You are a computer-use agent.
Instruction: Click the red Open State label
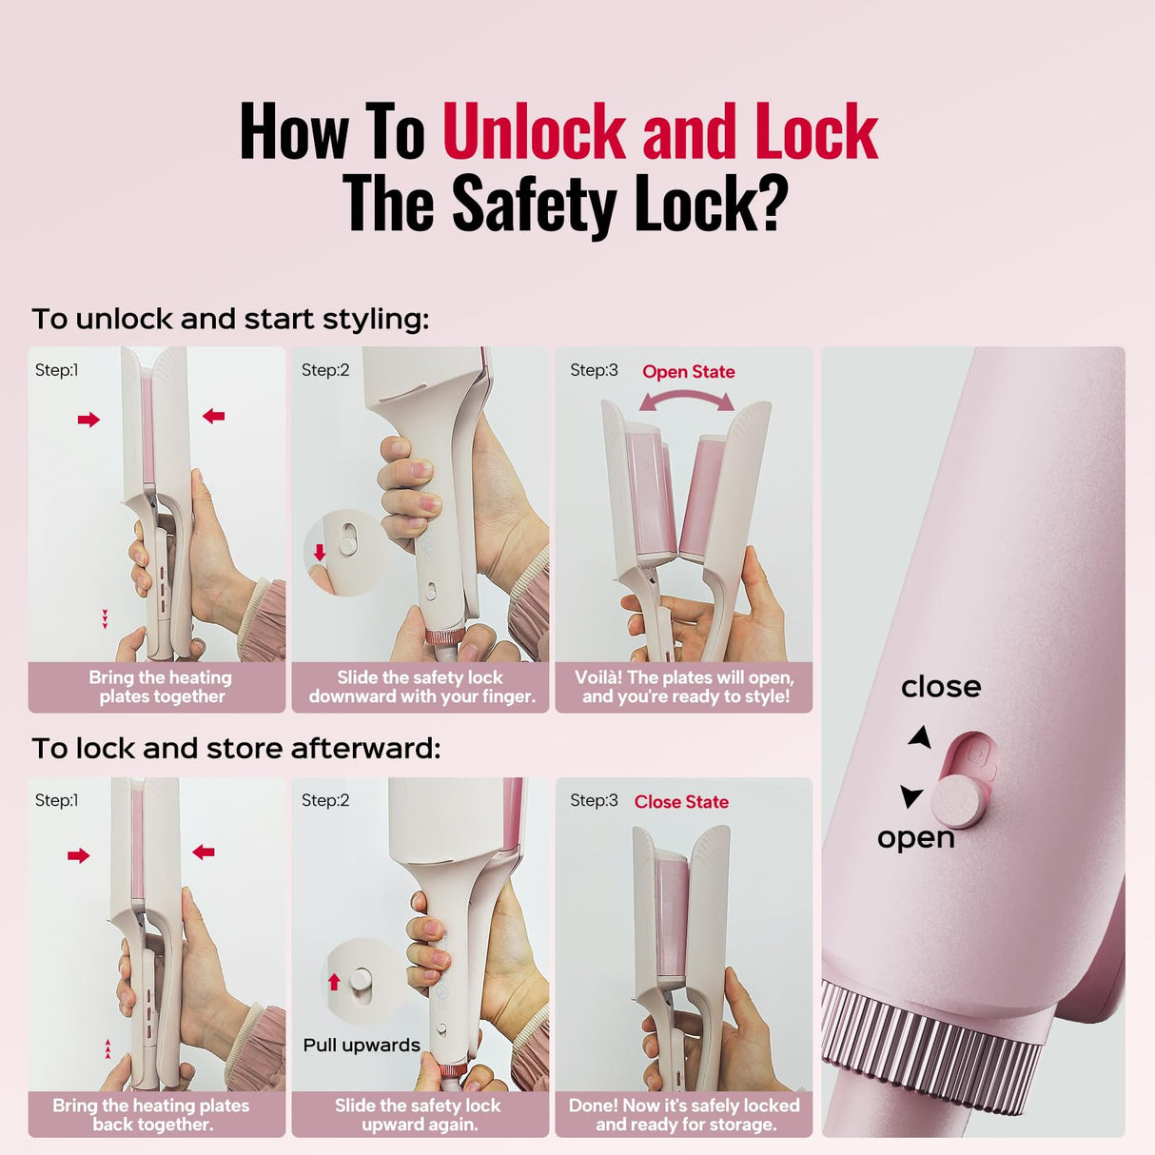[688, 372]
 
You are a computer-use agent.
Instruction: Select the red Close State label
[681, 802]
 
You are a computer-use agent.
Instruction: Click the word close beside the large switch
[941, 687]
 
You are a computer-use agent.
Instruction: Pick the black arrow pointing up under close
[921, 737]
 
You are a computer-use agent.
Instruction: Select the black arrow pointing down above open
[911, 796]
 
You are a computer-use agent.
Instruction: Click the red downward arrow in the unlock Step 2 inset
[320, 552]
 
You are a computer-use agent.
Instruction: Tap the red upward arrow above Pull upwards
[334, 981]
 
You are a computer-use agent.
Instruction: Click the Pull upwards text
[362, 1045]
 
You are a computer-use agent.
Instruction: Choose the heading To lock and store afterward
[236, 748]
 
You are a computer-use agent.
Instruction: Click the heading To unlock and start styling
[231, 319]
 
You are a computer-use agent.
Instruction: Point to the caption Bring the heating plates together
[161, 687]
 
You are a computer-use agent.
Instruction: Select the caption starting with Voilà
[684, 687]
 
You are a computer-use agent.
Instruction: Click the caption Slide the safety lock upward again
[419, 1115]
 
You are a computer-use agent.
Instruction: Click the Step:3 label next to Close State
[594, 800]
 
